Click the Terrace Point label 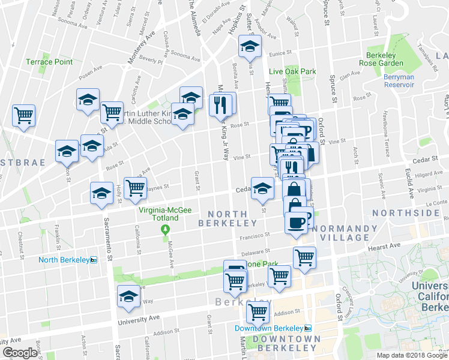[x=49, y=62]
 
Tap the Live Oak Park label [x=292, y=71]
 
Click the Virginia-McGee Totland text [x=167, y=214]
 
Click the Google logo [x=20, y=353]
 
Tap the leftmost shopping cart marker [x=24, y=115]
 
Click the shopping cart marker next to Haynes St [x=135, y=187]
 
